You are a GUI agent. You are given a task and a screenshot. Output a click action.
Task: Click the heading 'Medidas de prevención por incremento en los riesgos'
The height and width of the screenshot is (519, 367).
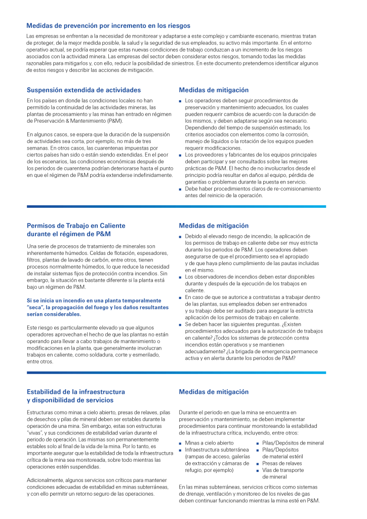[x=108, y=25]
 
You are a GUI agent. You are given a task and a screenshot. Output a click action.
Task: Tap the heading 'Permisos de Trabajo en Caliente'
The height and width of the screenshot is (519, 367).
[x=76, y=226]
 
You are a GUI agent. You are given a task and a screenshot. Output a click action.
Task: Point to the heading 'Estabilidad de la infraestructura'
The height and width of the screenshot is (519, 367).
[x=75, y=392]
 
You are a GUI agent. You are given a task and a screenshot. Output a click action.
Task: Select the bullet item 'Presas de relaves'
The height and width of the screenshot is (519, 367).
[x=282, y=463]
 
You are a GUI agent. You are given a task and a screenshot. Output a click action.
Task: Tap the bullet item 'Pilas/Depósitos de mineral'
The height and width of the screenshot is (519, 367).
[x=293, y=443]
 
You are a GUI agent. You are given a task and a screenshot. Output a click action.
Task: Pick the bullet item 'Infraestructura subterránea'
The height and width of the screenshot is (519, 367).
[x=217, y=450]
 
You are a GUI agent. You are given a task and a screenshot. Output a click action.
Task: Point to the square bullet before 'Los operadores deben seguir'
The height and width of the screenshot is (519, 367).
[x=181, y=101]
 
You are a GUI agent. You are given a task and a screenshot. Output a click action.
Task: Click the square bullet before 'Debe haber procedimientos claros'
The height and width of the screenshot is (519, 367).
[x=181, y=189]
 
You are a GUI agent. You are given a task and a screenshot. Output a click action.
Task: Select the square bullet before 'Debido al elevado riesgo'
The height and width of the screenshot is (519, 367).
[x=181, y=237]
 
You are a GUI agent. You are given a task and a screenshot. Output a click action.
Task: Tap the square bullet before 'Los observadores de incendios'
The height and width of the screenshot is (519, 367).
[x=181, y=277]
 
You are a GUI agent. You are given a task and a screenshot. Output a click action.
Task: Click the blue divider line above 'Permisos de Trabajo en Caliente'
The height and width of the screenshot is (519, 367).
[x=176, y=206]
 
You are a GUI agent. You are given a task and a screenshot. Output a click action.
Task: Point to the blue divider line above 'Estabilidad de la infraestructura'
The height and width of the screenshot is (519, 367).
[x=176, y=373]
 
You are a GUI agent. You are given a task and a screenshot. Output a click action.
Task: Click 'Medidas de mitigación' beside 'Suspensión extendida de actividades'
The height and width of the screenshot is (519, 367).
[x=214, y=90]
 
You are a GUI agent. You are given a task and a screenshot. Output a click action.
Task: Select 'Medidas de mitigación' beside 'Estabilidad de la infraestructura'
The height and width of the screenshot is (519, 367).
[x=214, y=392]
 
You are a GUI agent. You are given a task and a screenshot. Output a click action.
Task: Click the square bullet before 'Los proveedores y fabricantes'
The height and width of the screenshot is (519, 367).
[x=181, y=155]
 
